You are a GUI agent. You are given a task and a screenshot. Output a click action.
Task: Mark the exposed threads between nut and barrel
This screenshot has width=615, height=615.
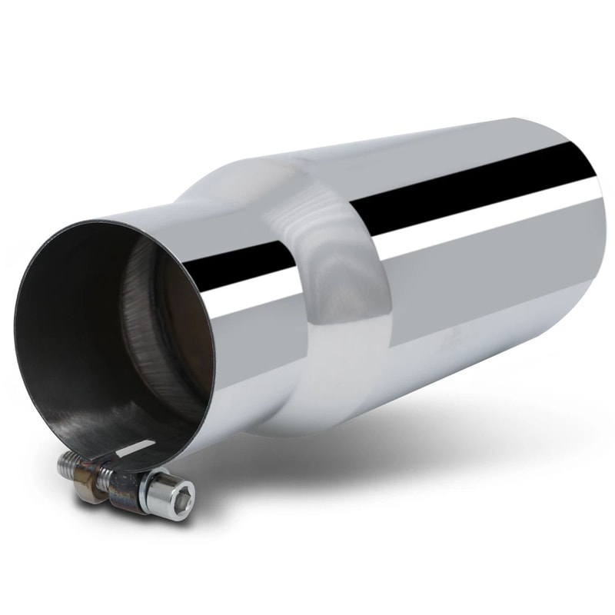(x=105, y=478)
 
